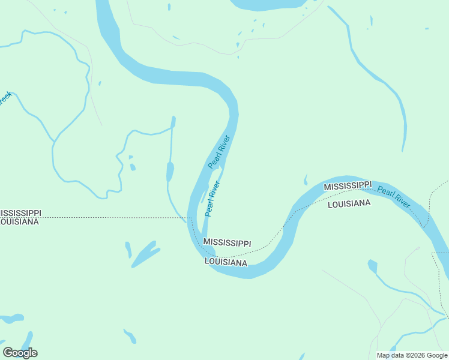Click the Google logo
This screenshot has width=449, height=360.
tap(20, 353)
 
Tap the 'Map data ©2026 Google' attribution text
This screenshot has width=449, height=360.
tap(412, 355)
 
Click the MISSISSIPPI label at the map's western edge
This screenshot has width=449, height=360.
tap(20, 214)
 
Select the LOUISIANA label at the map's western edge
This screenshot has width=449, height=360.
tap(19, 222)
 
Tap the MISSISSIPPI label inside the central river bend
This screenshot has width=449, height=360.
tap(227, 242)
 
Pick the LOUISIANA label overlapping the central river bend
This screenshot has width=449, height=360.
tap(226, 263)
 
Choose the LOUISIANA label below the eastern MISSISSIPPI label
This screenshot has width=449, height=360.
tap(349, 204)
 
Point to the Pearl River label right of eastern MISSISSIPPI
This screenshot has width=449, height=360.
tap(394, 197)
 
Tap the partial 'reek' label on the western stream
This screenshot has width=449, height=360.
tap(5, 98)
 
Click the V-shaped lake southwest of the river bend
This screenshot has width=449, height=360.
tap(145, 254)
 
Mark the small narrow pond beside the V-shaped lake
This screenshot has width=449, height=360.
tap(128, 248)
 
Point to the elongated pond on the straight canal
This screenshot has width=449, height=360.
tap(170, 172)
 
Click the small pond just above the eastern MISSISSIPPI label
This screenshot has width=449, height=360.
tap(306, 179)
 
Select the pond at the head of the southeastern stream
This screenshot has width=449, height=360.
tap(372, 265)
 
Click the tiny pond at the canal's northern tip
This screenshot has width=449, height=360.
tap(173, 122)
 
